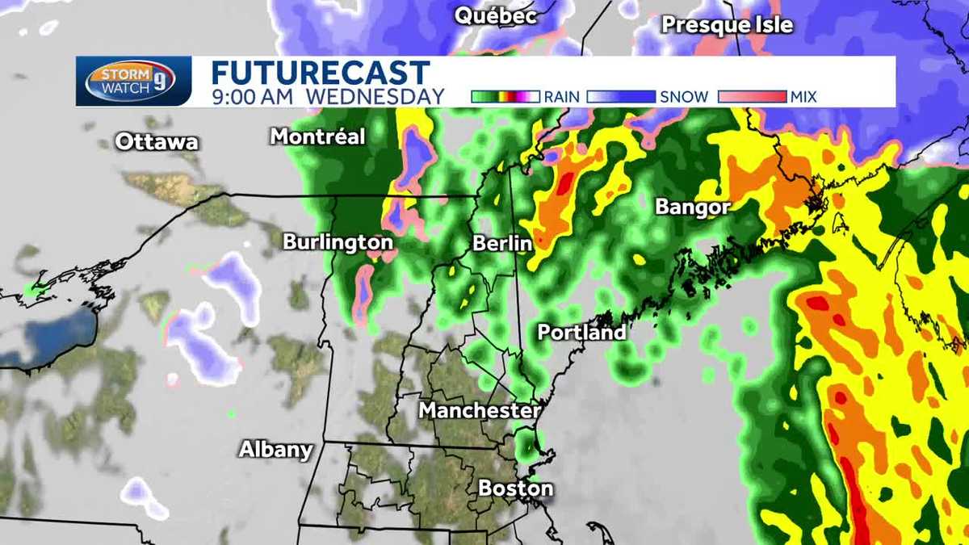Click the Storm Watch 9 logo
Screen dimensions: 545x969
[x=132, y=81]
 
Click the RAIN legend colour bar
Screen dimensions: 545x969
[x=505, y=97]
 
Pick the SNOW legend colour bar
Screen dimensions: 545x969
[x=620, y=97]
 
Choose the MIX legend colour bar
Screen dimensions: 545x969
[x=751, y=97]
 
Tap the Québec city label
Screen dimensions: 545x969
[x=496, y=15]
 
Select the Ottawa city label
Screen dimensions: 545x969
[x=157, y=142]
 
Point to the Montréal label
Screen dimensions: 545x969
[x=317, y=136]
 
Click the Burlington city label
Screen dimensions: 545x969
[x=338, y=242]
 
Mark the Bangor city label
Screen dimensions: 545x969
[x=693, y=207]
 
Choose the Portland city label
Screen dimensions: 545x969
[x=581, y=332]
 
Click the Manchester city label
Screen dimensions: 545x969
[x=479, y=411]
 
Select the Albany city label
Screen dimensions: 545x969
[x=275, y=450]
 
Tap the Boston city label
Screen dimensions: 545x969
[x=516, y=488]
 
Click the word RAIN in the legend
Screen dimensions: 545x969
[x=561, y=97]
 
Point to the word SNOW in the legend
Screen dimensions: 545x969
[x=682, y=97]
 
